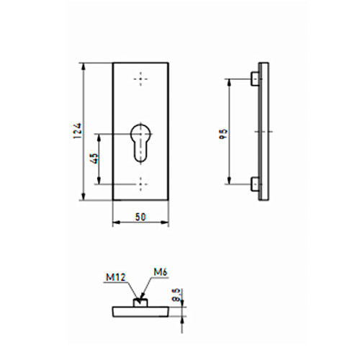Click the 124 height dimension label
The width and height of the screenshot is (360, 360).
tap(78, 131)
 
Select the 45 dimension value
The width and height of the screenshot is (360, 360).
tap(94, 158)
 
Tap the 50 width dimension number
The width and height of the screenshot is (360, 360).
tap(140, 217)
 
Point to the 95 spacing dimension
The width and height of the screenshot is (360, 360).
tap(223, 135)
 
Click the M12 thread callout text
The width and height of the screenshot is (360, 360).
tap(116, 277)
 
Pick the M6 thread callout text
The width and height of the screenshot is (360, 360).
tap(161, 272)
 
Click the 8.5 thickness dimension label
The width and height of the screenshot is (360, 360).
tap(176, 295)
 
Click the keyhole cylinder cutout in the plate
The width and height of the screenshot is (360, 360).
tap(140, 143)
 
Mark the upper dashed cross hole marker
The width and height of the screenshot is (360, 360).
tap(140, 79)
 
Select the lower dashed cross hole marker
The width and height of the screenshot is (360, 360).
tap(140, 184)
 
